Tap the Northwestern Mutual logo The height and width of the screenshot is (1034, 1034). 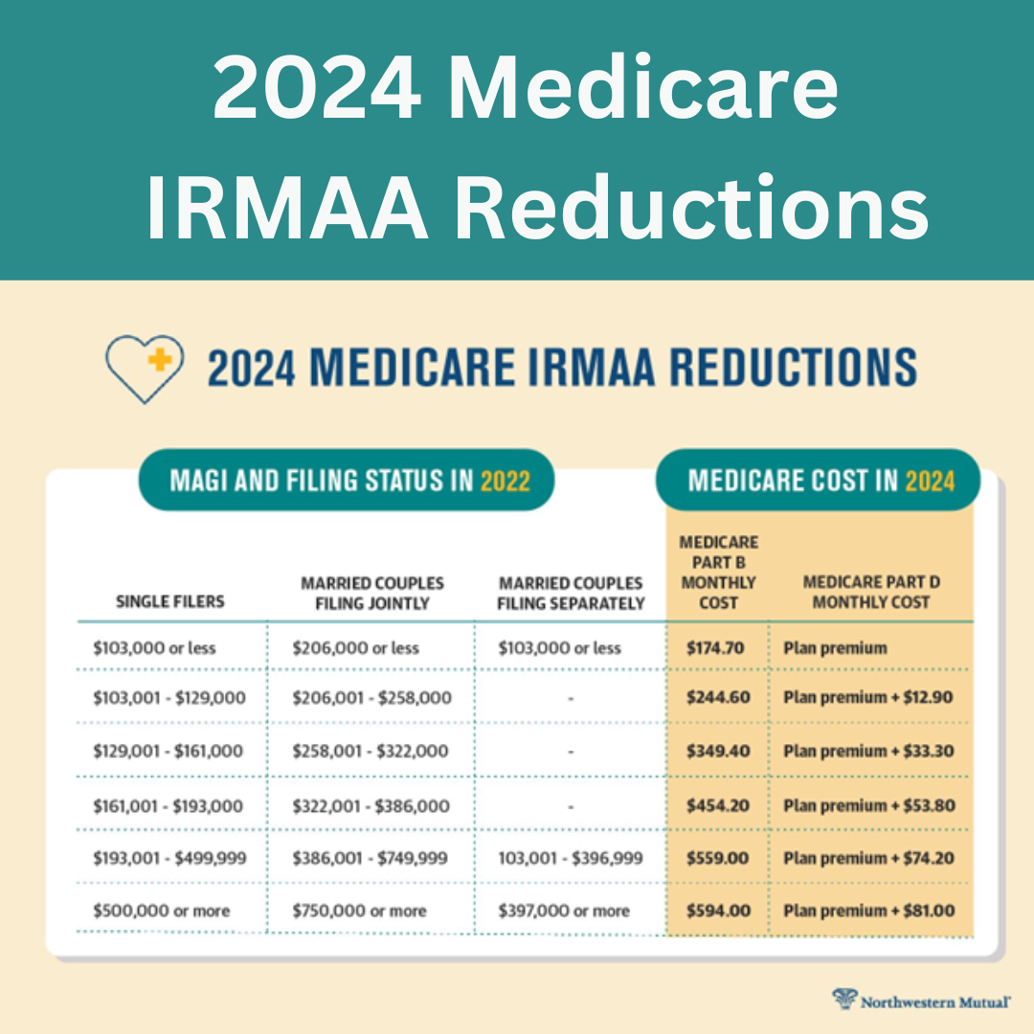pos(921,1001)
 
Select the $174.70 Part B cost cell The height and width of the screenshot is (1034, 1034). pos(715,648)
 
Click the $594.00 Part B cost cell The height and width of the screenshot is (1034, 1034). pos(717,910)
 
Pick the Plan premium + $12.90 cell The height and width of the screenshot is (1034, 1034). pos(867,698)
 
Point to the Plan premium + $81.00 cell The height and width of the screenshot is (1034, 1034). pos(868,910)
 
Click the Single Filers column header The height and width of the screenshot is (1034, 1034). pos(170,601)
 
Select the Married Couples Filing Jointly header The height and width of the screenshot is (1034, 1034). pos(372,593)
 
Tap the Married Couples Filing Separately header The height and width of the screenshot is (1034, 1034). pos(572,593)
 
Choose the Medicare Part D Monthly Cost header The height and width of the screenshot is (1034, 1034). pos(865,592)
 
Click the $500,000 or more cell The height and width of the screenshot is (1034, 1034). pos(162,910)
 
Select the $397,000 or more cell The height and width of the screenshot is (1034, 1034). pos(564,910)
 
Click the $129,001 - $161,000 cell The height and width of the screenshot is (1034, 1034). pos(168,752)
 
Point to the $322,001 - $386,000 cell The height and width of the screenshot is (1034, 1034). pos(371,806)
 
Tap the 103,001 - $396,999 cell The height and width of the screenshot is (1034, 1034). pos(571,859)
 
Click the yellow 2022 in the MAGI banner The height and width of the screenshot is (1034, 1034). pos(505,481)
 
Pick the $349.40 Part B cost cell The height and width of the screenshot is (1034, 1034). pos(717,752)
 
